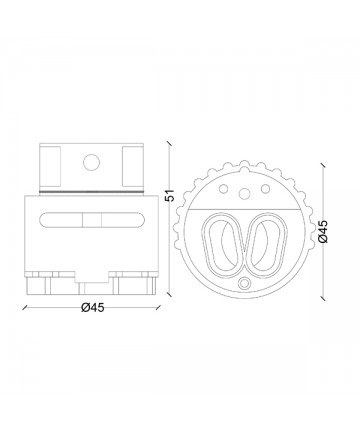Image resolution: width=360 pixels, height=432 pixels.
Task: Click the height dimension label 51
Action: [x=170, y=195]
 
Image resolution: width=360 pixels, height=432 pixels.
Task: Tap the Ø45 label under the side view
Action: [x=93, y=307]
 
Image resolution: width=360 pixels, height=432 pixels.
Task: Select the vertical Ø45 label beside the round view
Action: [x=323, y=231]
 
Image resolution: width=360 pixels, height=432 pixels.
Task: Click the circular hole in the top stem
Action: [x=91, y=163]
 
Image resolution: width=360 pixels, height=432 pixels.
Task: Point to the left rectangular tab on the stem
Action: [x=50, y=166]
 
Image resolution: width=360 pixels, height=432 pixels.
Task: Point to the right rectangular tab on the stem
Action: [x=133, y=166]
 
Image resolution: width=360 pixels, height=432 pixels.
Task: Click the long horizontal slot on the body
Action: [x=92, y=220]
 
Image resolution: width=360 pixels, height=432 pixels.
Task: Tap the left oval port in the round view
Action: [x=223, y=244]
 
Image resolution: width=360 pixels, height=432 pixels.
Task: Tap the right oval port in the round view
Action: [x=266, y=244]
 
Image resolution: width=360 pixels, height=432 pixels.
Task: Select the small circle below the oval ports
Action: [x=245, y=283]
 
